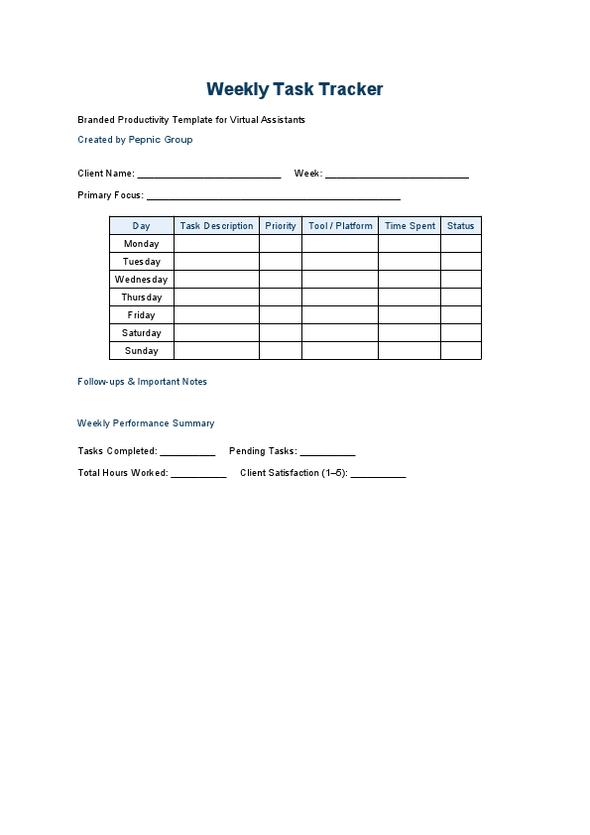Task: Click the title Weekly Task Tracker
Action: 295,89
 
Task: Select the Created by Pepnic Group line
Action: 135,140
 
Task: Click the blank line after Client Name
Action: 209,175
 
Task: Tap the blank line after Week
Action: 397,175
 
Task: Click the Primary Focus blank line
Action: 274,196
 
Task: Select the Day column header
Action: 142,226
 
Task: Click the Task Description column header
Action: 216,226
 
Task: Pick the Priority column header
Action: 281,226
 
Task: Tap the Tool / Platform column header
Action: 340,226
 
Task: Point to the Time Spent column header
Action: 410,226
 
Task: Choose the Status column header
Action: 460,226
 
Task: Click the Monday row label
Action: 142,244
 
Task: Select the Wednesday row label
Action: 142,280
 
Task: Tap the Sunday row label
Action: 142,351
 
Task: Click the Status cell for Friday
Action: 460,315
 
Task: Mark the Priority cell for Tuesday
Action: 281,262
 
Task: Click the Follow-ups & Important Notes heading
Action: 142,382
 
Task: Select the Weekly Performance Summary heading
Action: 146,423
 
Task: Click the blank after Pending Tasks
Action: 327,452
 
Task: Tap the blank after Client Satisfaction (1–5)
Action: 378,474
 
